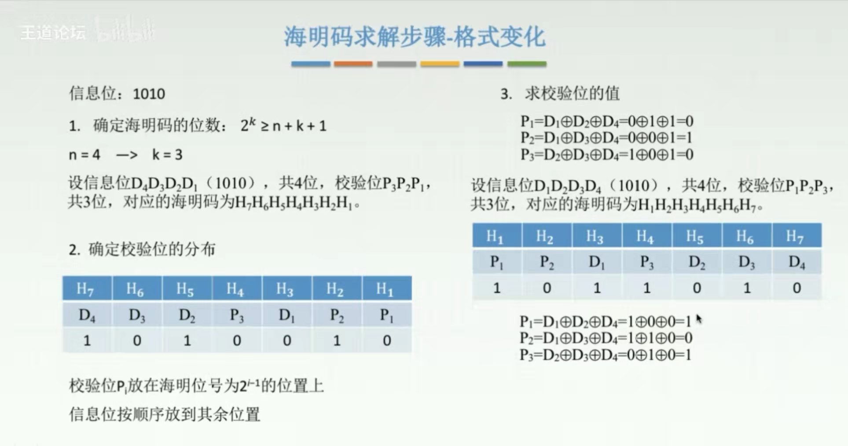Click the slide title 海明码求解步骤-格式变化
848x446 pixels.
click(415, 37)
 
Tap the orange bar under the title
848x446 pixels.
click(353, 64)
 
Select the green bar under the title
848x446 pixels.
click(527, 64)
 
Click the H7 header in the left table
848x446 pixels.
click(87, 289)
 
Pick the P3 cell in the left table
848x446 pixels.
click(237, 315)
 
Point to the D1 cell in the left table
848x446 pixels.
click(287, 315)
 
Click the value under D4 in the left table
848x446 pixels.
click(87, 340)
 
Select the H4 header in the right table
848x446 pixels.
click(646, 236)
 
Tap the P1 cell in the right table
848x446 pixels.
click(497, 262)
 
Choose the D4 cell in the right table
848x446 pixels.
click(797, 262)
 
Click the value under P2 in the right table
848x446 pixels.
click(547, 288)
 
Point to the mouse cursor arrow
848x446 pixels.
click(699, 318)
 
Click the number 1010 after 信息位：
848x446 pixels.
click(149, 94)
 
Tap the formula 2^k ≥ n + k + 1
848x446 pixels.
click(283, 125)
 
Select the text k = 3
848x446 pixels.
click(167, 154)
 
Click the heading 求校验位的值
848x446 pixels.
click(572, 93)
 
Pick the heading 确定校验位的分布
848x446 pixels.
click(152, 249)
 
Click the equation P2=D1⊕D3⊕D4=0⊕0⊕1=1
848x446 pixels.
click(606, 138)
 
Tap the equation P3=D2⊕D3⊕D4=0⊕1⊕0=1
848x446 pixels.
click(606, 355)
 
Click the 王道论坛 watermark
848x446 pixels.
click(53, 33)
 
